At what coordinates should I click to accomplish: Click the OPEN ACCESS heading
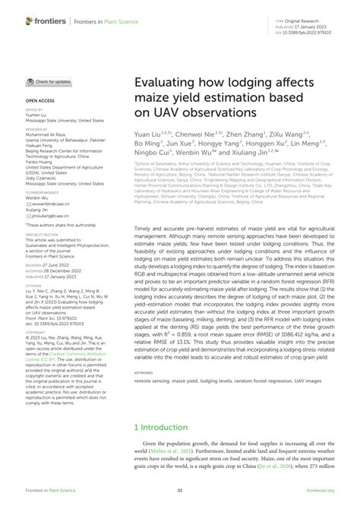click(39, 100)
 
